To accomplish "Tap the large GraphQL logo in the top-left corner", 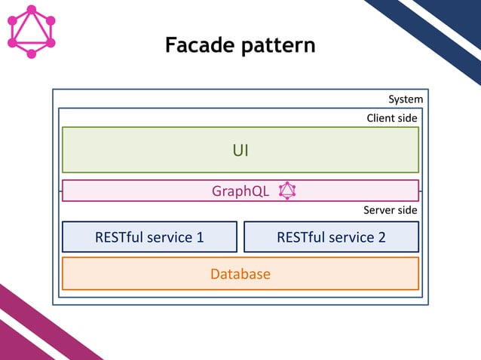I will click(x=31, y=32).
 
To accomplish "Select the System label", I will click(x=406, y=99).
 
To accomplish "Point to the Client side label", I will click(x=391, y=118).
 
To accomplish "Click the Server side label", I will click(x=390, y=210).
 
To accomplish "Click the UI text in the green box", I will click(x=240, y=150).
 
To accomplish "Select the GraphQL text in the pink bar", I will click(x=240, y=191).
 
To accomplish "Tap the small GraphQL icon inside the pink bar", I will click(x=287, y=191).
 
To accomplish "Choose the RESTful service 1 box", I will click(x=149, y=236).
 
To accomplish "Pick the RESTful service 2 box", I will click(x=331, y=236).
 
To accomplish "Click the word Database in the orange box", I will click(x=240, y=273).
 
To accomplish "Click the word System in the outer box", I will click(x=406, y=99).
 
